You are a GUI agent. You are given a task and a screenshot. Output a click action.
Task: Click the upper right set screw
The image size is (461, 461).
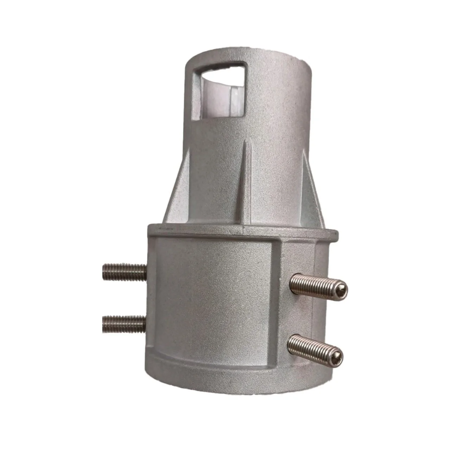pyautogui.click(x=318, y=284)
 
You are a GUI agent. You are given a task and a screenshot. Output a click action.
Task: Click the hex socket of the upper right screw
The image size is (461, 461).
pyautogui.click(x=341, y=289)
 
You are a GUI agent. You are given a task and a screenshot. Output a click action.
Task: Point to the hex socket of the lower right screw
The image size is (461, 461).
pyautogui.click(x=337, y=353)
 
